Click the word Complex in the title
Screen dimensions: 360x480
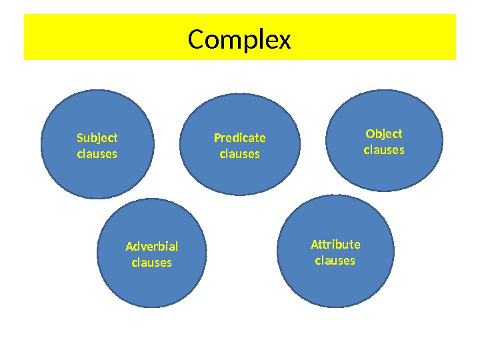point(239,40)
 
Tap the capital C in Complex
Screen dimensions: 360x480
point(196,40)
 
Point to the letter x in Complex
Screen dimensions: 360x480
point(285,42)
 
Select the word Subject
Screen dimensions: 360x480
point(97,138)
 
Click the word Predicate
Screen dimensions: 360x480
point(239,138)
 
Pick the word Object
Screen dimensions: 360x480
point(384,134)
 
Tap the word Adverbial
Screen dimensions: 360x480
point(152,247)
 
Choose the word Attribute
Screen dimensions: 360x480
point(335,244)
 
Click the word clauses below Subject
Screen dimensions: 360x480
point(97,154)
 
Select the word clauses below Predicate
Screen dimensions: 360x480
point(239,154)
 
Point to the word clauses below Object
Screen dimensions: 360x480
point(384,150)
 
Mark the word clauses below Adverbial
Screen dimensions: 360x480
point(152,263)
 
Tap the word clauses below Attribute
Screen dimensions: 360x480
point(335,260)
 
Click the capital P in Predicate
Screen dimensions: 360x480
point(217,138)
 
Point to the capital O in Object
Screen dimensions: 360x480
point(369,134)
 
